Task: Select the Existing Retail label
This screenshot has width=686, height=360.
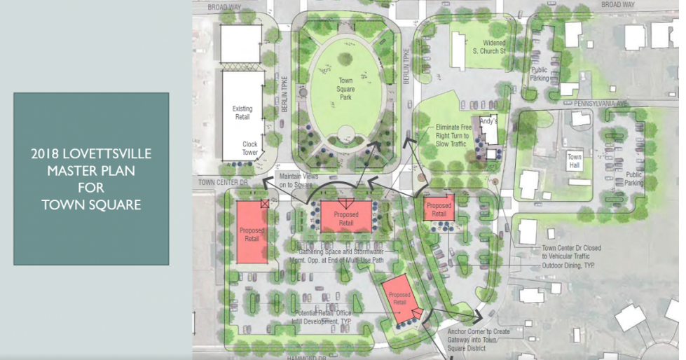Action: [242, 113]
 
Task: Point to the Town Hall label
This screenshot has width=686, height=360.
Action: [575, 161]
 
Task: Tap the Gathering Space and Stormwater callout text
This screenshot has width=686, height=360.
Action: [340, 256]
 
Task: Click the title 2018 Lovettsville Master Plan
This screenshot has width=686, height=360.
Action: [91, 179]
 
